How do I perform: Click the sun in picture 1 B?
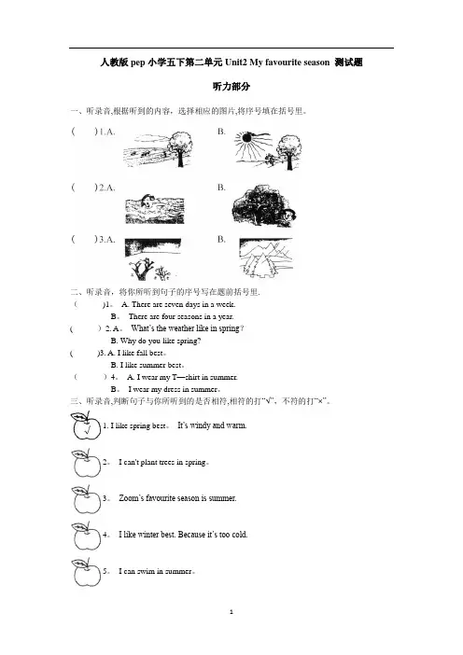point(246,137)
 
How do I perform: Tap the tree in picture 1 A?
point(180,148)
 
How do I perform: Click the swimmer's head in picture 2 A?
point(147,202)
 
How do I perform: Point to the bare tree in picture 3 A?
point(141,270)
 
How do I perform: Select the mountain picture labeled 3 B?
point(266,258)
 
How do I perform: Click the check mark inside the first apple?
point(87,429)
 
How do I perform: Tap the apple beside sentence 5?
point(86,572)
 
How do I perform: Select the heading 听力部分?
point(231,87)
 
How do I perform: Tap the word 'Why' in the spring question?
point(128,341)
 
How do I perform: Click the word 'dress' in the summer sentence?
point(172,389)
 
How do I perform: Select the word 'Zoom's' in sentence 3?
point(132,498)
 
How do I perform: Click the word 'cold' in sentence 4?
point(239,535)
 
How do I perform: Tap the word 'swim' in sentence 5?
point(147,571)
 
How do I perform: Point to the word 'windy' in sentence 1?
point(200,425)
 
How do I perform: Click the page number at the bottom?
point(231,612)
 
